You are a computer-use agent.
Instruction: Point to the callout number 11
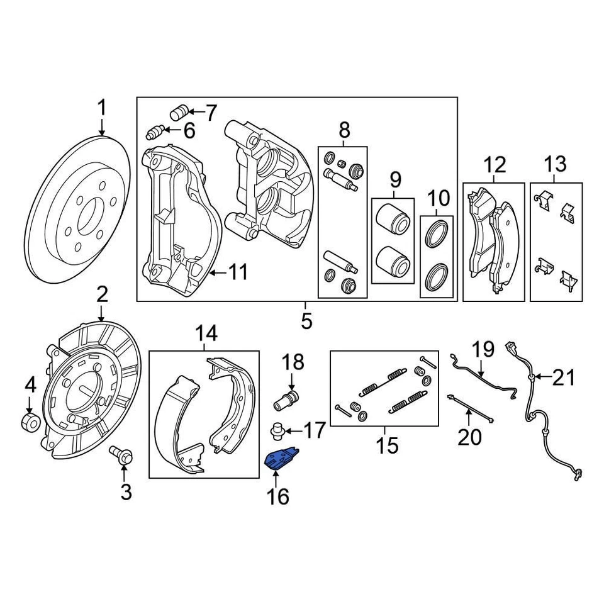pyautogui.click(x=237, y=273)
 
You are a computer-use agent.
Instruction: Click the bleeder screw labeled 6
pyautogui.click(x=155, y=132)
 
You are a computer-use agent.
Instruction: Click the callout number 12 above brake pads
pyautogui.click(x=495, y=165)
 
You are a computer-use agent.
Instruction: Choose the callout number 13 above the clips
pyautogui.click(x=555, y=165)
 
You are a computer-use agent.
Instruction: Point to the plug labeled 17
pyautogui.click(x=277, y=432)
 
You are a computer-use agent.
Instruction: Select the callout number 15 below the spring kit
pyautogui.click(x=388, y=445)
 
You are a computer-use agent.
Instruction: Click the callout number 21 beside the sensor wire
pyautogui.click(x=564, y=378)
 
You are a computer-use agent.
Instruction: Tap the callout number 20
pyautogui.click(x=469, y=435)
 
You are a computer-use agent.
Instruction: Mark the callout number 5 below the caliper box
pyautogui.click(x=306, y=321)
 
